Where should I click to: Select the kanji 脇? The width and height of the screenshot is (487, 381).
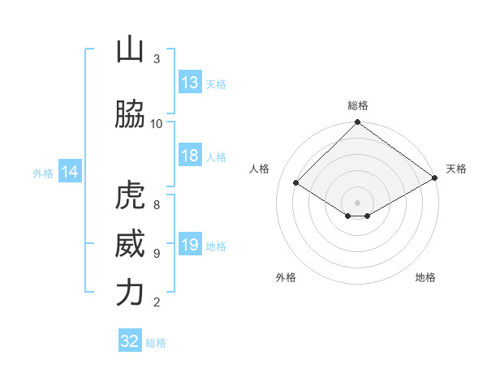(130, 115)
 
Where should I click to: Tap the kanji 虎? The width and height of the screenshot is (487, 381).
(130, 196)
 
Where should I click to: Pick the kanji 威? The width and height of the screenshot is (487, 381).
(130, 244)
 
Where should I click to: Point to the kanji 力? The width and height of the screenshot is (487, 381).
(130, 293)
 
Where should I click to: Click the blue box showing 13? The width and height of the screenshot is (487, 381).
(190, 83)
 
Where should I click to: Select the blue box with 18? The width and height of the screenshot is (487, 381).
(190, 156)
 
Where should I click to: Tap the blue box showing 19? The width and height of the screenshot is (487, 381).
(190, 245)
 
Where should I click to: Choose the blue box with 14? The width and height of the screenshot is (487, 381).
(69, 172)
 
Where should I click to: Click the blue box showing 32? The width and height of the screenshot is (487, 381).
(130, 341)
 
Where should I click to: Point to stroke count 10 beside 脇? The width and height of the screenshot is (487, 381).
(157, 123)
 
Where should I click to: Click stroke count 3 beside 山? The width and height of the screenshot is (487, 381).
(157, 58)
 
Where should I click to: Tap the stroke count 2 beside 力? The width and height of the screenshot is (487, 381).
(157, 302)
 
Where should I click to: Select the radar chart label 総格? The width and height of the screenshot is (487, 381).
(357, 105)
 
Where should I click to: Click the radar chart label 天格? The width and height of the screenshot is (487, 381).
(456, 169)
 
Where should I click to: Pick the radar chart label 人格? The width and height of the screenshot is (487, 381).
(260, 169)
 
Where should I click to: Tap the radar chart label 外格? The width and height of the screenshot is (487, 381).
(286, 277)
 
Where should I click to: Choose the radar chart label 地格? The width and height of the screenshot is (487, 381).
(425, 277)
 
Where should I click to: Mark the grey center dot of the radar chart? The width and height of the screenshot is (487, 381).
(357, 202)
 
